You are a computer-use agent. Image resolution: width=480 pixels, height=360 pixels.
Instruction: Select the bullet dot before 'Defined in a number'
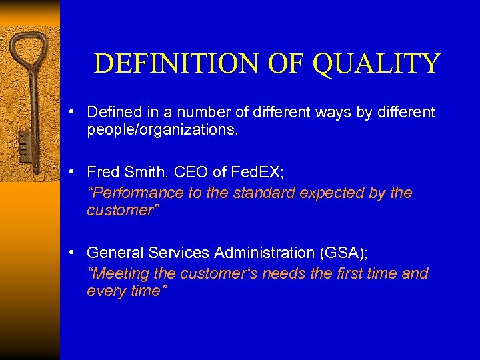pyautogui.click(x=78, y=112)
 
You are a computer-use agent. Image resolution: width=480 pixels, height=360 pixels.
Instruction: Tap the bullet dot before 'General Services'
pyautogui.click(x=78, y=253)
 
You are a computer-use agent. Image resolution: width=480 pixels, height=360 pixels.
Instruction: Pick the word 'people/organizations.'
pyautogui.click(x=162, y=130)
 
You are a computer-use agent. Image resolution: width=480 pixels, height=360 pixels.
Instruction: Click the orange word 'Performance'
pyautogui.click(x=131, y=193)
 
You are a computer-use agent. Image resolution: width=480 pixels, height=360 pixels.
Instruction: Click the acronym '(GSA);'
pyautogui.click(x=343, y=253)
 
